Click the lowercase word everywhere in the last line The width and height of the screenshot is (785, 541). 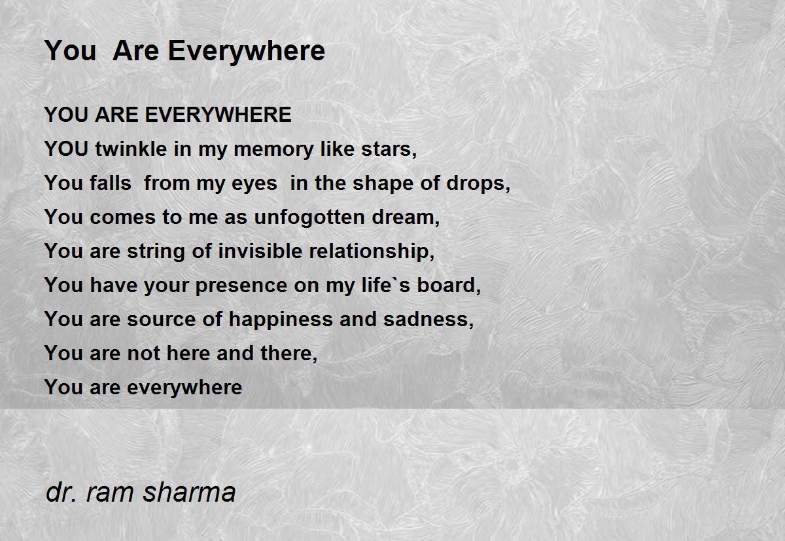184,388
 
